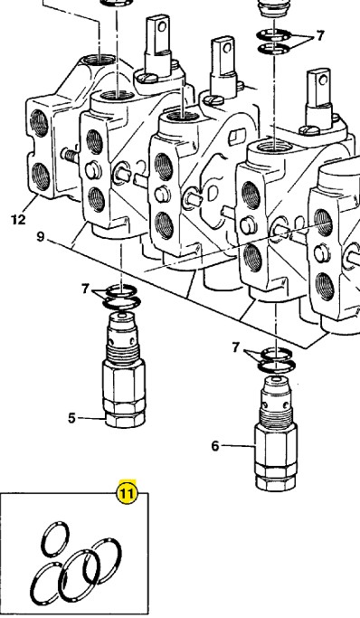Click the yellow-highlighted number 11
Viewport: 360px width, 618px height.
(x=127, y=492)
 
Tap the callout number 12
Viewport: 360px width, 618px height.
(x=18, y=219)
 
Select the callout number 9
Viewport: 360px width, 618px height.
(x=41, y=237)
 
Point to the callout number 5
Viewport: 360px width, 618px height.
(x=71, y=418)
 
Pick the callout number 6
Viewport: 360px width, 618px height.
(x=215, y=446)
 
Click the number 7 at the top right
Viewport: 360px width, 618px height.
(x=320, y=36)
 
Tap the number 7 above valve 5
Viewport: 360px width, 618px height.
(x=85, y=289)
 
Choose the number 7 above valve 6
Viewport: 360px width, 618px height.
(x=236, y=347)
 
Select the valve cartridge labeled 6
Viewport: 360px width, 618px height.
(x=276, y=433)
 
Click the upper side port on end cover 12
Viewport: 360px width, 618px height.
(x=40, y=123)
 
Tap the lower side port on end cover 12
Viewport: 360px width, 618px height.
(x=41, y=176)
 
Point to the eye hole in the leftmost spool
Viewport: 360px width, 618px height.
(x=162, y=26)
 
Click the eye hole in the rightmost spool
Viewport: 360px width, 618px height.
(x=324, y=81)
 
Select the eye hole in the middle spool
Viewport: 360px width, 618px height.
(x=227, y=48)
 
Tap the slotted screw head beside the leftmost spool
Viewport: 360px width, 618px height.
(x=147, y=78)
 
